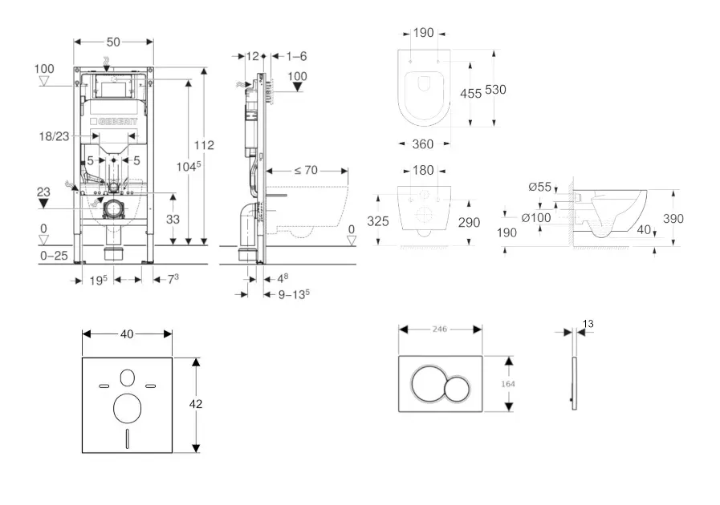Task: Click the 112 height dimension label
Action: tap(205, 146)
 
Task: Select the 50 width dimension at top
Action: tap(112, 42)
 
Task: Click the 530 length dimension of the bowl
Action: tap(495, 91)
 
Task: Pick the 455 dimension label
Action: tap(470, 93)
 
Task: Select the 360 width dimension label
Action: tap(422, 144)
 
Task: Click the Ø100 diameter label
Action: tap(536, 217)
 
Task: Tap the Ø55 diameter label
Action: tap(539, 188)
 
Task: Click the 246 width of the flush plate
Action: tap(439, 329)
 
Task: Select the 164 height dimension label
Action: tap(507, 384)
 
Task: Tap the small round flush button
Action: tap(458, 390)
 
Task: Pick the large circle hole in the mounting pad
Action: tap(127, 408)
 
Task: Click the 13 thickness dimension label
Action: tap(588, 324)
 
